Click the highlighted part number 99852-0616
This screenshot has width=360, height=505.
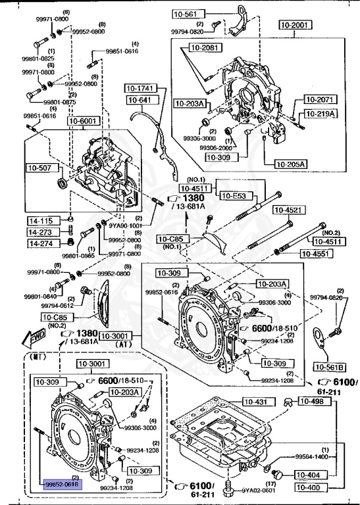[61, 483]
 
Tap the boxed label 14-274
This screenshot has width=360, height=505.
[39, 243]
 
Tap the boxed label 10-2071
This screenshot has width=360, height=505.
[321, 99]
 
